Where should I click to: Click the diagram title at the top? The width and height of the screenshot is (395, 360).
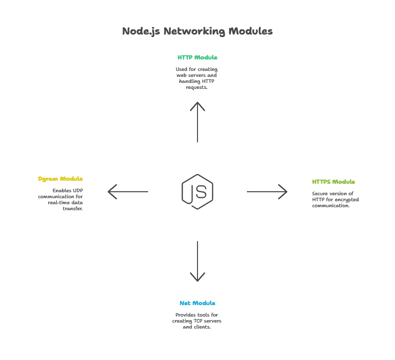click(197, 31)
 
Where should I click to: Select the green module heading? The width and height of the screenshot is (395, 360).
click(197, 57)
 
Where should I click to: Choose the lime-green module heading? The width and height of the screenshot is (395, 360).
click(333, 182)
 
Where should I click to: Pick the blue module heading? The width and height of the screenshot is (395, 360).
click(197, 303)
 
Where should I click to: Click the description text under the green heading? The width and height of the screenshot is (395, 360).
click(197, 79)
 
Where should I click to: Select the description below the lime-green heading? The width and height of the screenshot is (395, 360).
click(334, 199)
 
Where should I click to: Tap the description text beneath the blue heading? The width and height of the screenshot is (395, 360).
click(197, 321)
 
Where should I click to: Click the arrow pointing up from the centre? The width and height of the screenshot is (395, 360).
click(197, 122)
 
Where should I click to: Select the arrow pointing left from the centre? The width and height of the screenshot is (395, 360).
click(130, 191)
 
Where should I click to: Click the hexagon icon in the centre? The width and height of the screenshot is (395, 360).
click(197, 192)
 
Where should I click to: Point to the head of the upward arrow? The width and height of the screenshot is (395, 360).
click(197, 105)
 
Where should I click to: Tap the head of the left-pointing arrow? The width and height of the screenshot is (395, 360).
click(113, 191)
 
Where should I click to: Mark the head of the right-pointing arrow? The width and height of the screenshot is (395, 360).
click(282, 191)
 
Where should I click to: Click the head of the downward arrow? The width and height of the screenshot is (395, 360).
click(197, 277)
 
